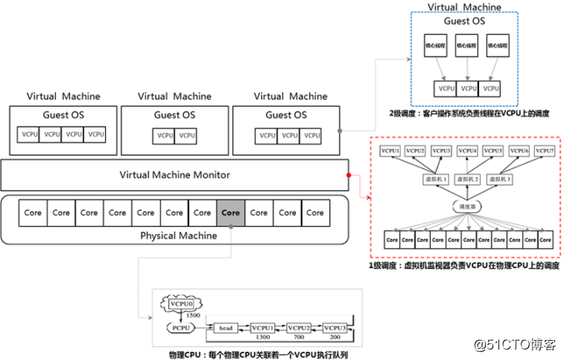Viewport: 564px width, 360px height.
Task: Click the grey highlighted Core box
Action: click(231, 212)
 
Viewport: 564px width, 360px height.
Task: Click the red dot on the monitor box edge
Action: click(348, 175)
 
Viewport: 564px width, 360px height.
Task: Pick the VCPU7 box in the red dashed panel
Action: click(542, 151)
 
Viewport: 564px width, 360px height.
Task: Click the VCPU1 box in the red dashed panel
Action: click(391, 151)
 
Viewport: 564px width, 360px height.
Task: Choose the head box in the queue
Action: click(226, 327)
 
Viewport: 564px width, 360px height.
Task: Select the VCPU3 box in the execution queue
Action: click(335, 327)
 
